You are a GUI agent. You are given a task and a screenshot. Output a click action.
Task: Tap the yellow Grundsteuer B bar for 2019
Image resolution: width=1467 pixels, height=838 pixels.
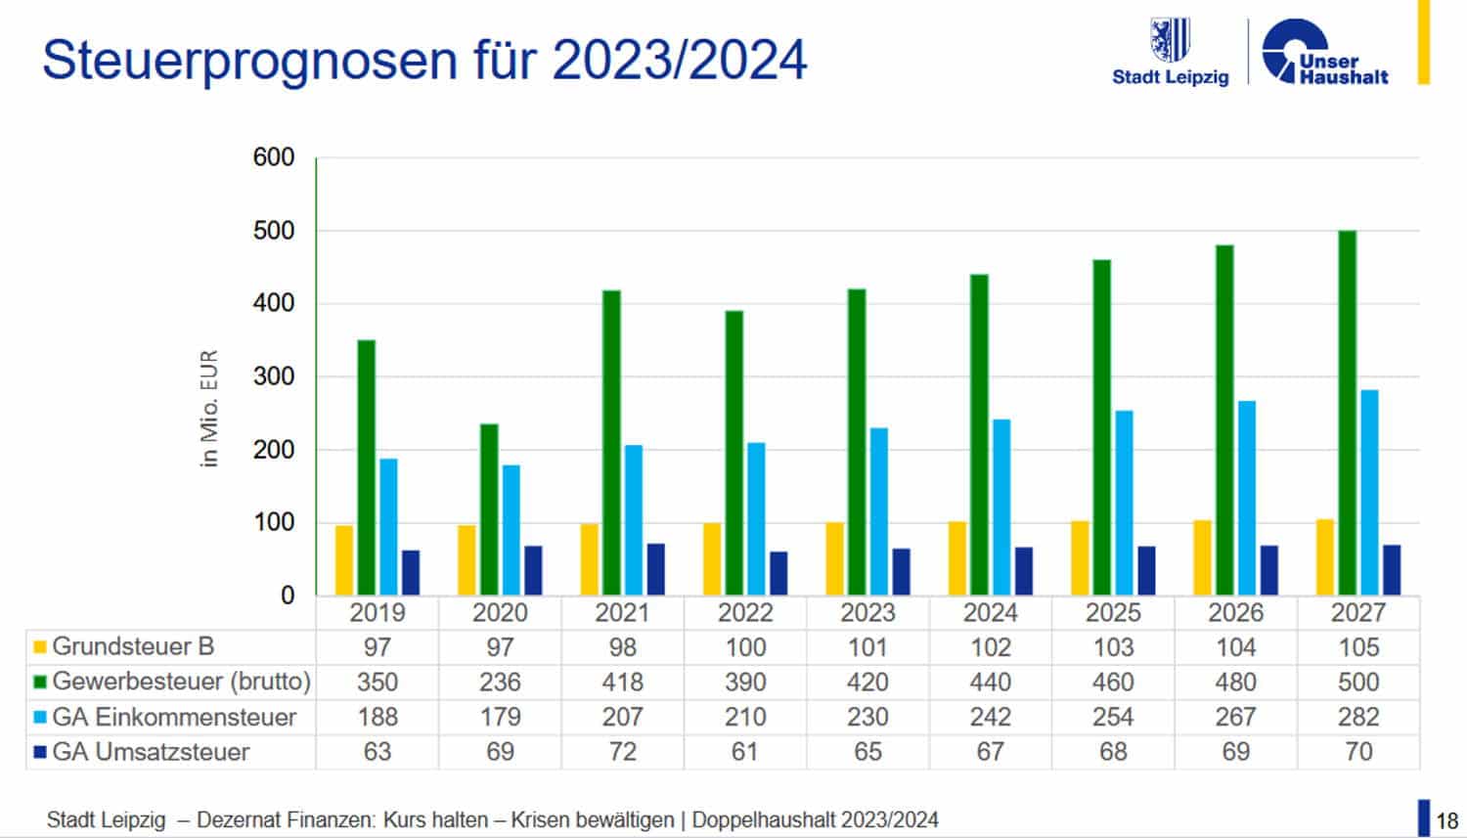click(x=344, y=560)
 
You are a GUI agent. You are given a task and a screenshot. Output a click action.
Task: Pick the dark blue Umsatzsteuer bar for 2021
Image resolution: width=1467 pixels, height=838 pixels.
click(x=656, y=569)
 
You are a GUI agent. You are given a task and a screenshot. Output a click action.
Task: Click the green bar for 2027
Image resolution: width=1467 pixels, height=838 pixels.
click(x=1347, y=413)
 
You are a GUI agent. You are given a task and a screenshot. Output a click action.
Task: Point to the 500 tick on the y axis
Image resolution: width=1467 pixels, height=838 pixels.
click(x=274, y=231)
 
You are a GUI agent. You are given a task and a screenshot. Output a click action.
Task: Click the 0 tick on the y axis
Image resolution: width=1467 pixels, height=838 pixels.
click(x=287, y=595)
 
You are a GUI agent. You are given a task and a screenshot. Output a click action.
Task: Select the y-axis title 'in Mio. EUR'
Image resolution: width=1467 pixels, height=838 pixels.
click(x=209, y=409)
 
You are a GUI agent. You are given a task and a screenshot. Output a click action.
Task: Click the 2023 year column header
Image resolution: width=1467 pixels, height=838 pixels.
click(x=867, y=613)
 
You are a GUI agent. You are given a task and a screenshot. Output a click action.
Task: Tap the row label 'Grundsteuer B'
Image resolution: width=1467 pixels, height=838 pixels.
click(x=133, y=646)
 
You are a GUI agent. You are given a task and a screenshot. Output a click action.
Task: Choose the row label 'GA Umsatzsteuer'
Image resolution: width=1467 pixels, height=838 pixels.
click(x=151, y=752)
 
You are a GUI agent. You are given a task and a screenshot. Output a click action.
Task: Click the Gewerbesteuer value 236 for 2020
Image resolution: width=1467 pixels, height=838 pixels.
click(x=500, y=682)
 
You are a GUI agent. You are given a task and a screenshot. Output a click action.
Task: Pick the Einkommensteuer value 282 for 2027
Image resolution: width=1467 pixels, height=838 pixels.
click(x=1358, y=717)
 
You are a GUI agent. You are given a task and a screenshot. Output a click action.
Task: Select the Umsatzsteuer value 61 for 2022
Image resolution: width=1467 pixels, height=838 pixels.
click(x=745, y=752)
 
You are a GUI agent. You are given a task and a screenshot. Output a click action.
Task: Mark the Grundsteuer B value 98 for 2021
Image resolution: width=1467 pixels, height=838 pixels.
click(x=622, y=647)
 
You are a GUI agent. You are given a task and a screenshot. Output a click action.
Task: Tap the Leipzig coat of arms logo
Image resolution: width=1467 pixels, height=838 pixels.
click(x=1170, y=40)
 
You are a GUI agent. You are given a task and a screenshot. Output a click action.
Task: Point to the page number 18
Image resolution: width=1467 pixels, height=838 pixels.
click(x=1446, y=820)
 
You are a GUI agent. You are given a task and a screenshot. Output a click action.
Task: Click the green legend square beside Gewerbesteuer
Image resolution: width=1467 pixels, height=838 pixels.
click(x=40, y=682)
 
